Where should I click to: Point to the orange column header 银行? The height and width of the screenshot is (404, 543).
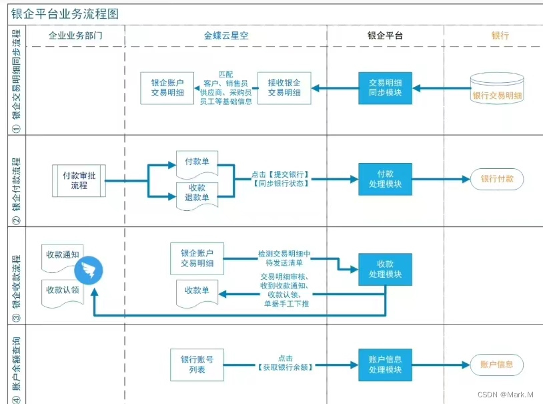[x=500, y=35]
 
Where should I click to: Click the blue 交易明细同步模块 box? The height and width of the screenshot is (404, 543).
[x=385, y=87]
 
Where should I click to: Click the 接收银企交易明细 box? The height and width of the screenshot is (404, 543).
[x=284, y=87]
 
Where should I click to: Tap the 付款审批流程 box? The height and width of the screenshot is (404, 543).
[x=79, y=180]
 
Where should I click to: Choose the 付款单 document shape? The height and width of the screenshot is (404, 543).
[x=197, y=162]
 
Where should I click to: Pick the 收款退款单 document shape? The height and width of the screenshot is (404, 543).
[x=197, y=193]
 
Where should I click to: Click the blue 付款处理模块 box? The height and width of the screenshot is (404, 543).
[x=385, y=179]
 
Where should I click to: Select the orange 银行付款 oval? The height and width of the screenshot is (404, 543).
[x=497, y=179]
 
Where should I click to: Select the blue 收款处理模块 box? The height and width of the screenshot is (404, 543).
[x=385, y=269]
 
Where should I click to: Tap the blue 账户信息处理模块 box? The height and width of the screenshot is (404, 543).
[x=385, y=365]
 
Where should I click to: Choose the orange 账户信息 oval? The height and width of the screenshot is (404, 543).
[x=497, y=365]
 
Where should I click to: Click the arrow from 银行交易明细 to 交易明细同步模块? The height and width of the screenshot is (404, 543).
[x=441, y=87]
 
